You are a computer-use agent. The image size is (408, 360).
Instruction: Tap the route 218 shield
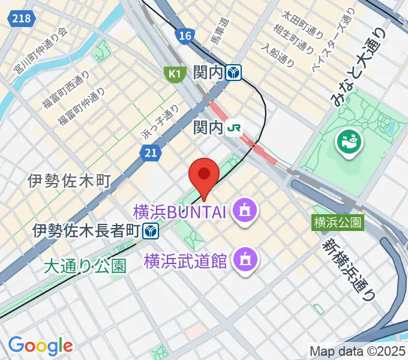point(22,19)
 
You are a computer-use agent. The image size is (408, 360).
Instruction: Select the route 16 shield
point(185,36)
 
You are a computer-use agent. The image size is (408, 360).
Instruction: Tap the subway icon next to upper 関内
point(235,73)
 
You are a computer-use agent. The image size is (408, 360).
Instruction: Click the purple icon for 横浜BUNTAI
point(245,211)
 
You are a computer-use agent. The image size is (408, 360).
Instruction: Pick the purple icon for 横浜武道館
point(245,260)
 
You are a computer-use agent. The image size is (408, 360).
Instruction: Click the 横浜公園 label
point(338,222)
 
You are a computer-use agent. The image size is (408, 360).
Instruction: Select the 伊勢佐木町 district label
point(70,180)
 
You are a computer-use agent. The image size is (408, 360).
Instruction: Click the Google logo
point(40,346)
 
